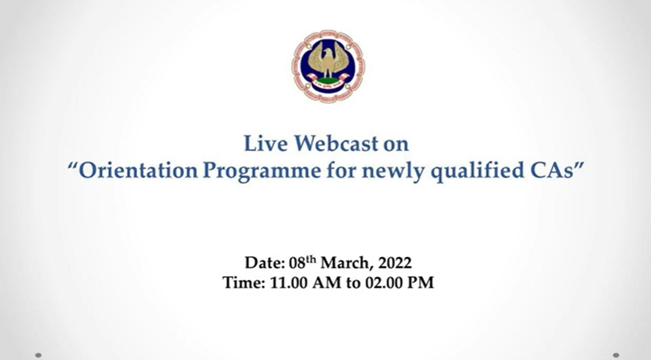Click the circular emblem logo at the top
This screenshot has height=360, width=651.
click(x=328, y=66)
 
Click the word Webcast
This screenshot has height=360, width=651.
click(x=336, y=144)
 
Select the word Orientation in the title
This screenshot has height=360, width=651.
click(x=138, y=170)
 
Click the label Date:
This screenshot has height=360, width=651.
click(x=265, y=263)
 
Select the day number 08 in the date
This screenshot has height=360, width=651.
click(x=297, y=263)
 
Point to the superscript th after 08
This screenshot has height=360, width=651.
click(x=311, y=259)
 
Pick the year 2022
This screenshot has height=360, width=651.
click(x=395, y=263)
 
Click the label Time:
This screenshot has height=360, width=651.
click(x=244, y=283)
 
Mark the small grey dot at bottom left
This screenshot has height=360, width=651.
click(x=38, y=355)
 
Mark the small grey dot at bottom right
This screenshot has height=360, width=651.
click(x=616, y=355)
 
